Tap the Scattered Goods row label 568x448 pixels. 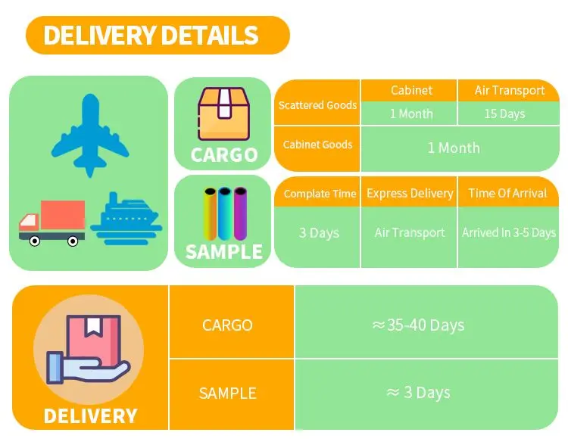317,105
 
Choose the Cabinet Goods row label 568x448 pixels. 317,145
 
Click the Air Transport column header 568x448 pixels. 510,90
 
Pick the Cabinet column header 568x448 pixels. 411,90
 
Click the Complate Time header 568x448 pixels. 320,194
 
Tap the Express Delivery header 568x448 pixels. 410,194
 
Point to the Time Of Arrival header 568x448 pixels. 507,194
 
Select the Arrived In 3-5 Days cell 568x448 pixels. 509,232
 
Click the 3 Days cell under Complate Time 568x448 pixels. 319,232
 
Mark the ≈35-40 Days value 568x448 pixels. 418,325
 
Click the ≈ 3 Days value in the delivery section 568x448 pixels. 418,393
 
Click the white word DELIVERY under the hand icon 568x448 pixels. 90,415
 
